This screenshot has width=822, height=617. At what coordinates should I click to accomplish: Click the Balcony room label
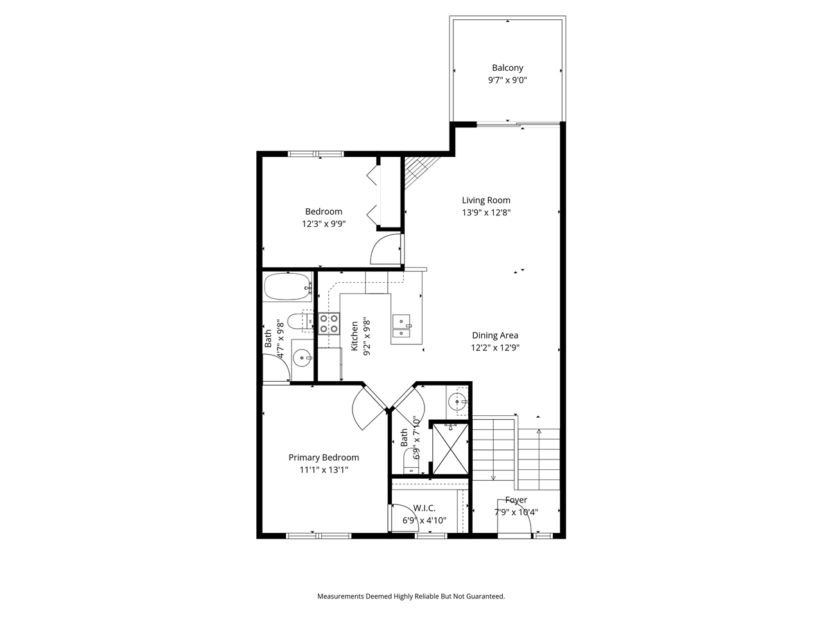coord(507,67)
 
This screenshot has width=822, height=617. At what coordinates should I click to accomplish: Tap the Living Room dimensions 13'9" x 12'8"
coord(486,213)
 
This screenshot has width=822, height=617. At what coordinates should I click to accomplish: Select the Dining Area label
coord(494,335)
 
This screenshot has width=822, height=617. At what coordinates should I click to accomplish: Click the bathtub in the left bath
coord(286,287)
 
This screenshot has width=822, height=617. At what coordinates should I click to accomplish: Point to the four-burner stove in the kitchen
coord(329,323)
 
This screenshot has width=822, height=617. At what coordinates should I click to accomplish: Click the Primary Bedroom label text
coord(323,458)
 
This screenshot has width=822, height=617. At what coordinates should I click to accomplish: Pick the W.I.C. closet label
coord(424,508)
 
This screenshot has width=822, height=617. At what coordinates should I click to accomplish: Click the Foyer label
coord(516,500)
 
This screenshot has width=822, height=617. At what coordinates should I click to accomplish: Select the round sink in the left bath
coord(301,357)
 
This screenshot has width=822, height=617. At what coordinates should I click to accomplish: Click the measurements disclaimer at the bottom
coord(411,596)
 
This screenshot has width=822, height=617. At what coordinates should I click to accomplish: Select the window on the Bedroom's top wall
coord(315,154)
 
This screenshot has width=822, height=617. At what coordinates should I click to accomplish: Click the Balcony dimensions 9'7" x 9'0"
coord(507,80)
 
